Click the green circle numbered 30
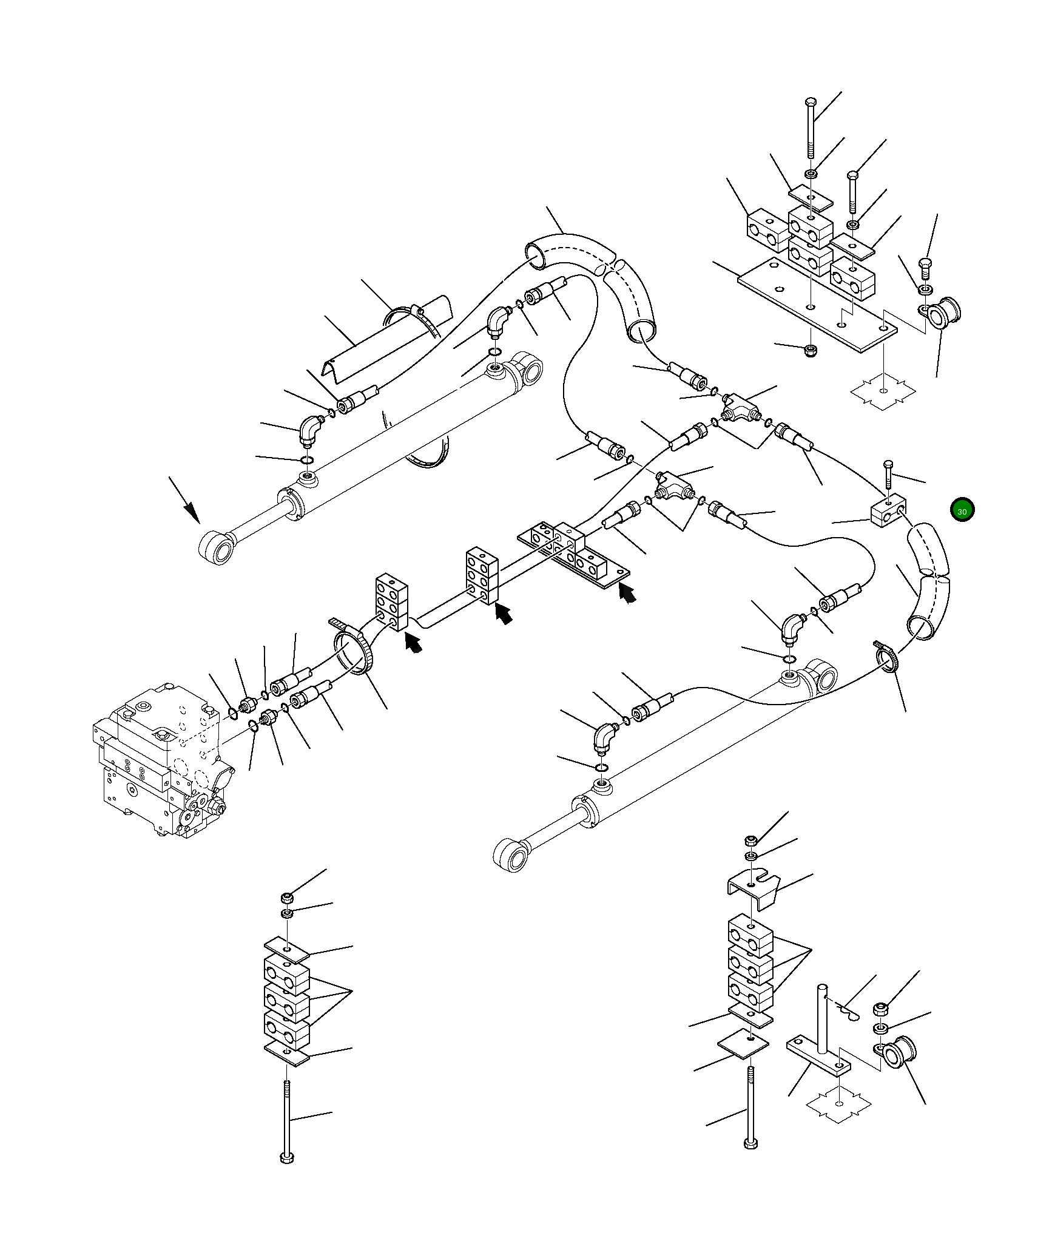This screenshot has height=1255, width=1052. (x=962, y=510)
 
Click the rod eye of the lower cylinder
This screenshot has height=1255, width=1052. (x=511, y=856)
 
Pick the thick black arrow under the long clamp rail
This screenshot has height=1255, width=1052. (x=629, y=594)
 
